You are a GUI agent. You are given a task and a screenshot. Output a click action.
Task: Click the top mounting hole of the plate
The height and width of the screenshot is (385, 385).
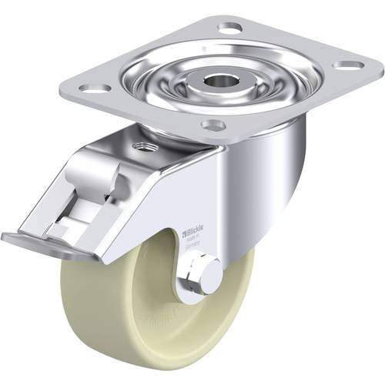pyautogui.click(x=229, y=28)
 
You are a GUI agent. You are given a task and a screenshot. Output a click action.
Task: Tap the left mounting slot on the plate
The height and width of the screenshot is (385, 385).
pyautogui.click(x=93, y=89)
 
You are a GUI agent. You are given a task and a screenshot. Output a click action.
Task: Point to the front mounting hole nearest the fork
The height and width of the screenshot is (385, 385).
pyautogui.click(x=213, y=124)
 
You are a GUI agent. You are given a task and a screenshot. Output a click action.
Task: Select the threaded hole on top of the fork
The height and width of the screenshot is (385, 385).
pyautogui.click(x=145, y=146)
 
